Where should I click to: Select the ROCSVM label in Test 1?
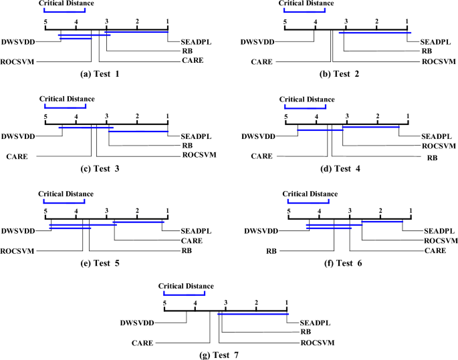coord(18,61)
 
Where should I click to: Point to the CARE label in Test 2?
coord(261,61)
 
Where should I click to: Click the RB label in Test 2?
coord(426,51)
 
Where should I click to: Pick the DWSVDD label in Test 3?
coord(18,136)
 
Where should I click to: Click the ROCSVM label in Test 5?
coord(18,250)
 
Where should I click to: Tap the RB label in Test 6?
coord(271,251)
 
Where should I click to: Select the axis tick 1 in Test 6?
coord(411,211)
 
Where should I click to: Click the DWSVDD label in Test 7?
coord(138,323)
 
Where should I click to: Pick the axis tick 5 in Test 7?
coord(164,304)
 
